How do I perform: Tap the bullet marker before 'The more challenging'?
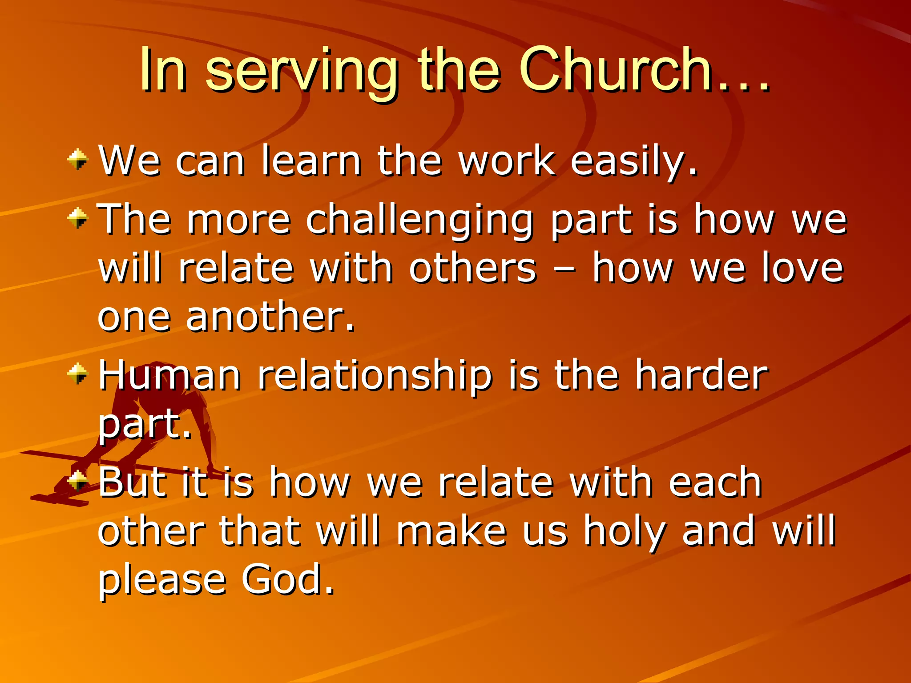78,218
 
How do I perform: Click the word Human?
169,375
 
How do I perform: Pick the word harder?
701,375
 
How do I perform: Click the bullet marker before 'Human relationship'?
78,374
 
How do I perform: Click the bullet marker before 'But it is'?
78,481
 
